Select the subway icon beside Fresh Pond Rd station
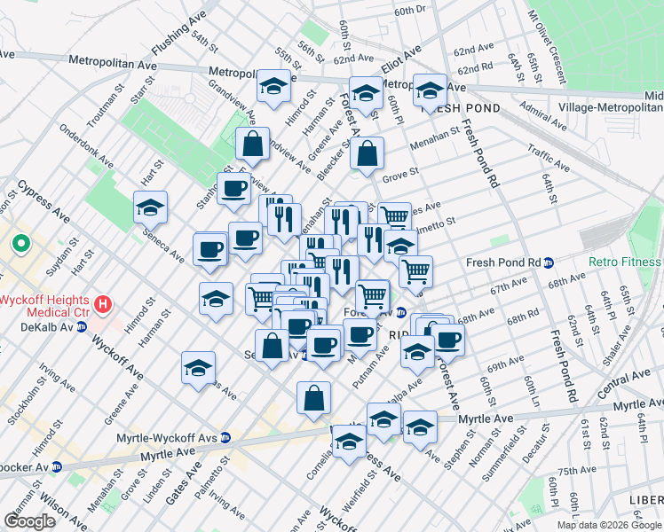[549, 263]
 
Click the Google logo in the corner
[29, 521]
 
